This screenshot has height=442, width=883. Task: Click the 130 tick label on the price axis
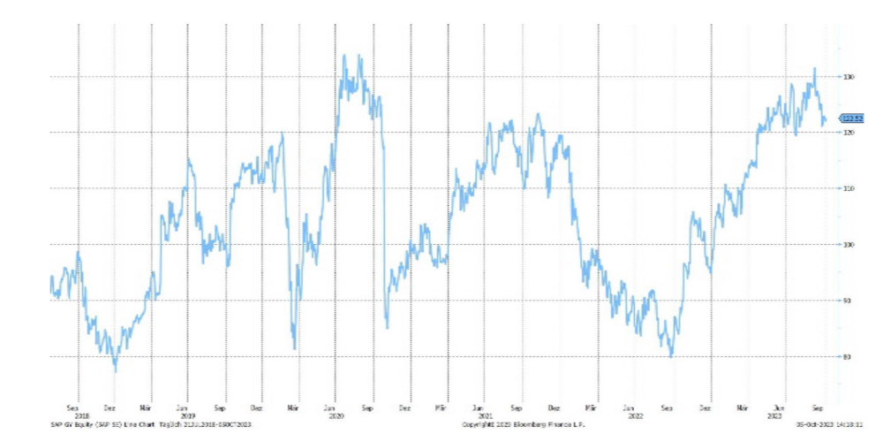point(848,77)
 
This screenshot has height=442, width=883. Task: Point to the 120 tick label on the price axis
point(848,133)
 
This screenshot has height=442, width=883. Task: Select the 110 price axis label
point(848,189)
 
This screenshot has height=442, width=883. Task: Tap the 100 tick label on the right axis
point(848,245)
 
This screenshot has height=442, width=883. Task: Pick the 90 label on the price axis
point(848,301)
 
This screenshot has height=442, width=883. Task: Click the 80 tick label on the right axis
point(848,357)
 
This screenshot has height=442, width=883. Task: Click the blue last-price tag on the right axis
point(851,118)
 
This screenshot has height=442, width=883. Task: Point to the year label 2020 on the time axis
point(335,415)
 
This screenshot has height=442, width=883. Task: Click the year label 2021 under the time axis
point(483,415)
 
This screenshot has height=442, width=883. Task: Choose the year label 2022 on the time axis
point(632,415)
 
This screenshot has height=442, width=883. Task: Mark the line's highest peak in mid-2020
point(344,55)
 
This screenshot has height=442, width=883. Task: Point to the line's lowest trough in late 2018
point(116,370)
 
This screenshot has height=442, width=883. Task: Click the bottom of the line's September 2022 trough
point(672,356)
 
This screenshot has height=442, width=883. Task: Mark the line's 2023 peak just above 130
point(814,68)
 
